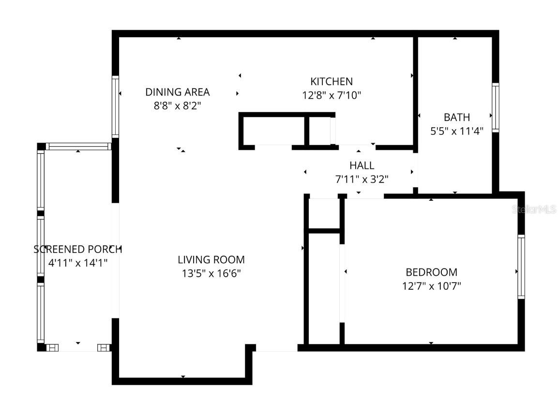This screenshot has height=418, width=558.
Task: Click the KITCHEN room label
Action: [331, 81]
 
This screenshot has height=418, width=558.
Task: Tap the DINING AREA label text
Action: [177, 92]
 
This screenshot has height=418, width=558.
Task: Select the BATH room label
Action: [456, 117]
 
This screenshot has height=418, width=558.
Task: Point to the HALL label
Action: [362, 166]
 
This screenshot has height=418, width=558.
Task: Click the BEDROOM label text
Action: [431, 272]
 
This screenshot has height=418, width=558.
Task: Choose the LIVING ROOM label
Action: [211, 260]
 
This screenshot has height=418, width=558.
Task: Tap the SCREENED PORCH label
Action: [77, 249]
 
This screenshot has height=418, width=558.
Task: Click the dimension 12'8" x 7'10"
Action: [332, 95]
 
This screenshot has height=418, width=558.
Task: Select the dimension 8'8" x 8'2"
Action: [177, 105]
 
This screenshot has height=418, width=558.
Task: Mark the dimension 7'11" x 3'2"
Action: [362, 179]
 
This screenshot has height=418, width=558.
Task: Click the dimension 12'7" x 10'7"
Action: [431, 286]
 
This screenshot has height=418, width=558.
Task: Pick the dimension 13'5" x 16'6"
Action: [211, 273]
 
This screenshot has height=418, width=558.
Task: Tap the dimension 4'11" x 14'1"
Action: [77, 263]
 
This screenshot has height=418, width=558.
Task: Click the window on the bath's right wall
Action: [496, 107]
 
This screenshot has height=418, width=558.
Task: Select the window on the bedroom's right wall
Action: [521, 267]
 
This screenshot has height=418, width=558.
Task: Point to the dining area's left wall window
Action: [115, 106]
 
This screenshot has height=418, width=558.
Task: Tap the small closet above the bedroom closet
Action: [324, 212]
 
